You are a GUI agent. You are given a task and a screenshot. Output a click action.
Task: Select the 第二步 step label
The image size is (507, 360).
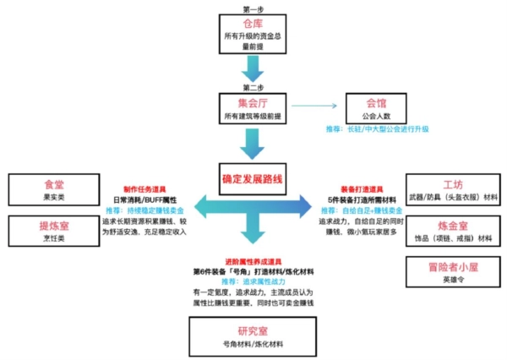[253, 87]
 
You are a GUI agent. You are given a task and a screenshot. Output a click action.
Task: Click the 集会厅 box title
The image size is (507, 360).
[253, 103]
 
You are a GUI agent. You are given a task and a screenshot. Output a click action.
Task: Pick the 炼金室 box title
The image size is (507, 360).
[452, 226]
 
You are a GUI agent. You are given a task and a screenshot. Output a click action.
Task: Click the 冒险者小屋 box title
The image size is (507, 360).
[452, 269]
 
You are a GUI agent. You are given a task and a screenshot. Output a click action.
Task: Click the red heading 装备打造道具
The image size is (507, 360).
[360, 189]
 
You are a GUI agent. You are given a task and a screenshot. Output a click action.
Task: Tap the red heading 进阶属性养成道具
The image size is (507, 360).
[253, 261]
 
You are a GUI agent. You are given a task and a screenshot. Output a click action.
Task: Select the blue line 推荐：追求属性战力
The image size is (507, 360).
[253, 280]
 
